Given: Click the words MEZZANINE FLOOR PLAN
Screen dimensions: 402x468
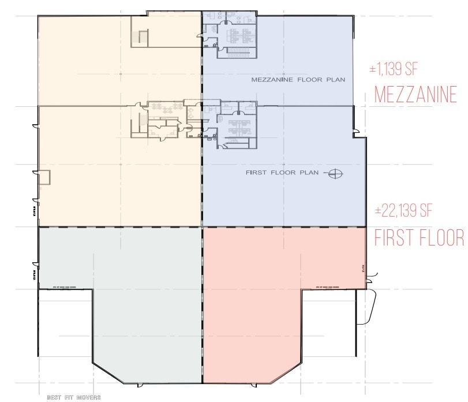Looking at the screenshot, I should [298, 79].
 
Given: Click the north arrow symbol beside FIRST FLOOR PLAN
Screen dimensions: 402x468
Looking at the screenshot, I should [335, 173].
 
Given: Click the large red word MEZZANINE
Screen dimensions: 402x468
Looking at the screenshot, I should [415, 94].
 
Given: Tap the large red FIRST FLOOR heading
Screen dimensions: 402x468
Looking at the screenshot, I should [419, 237].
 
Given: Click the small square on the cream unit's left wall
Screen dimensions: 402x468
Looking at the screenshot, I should [44, 177].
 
